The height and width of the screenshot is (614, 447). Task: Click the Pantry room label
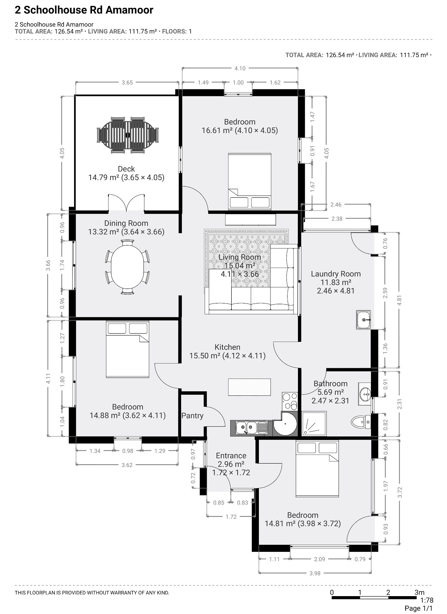(192, 416)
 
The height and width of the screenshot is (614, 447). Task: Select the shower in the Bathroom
(314, 423)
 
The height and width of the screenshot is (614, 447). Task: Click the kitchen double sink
(251, 427)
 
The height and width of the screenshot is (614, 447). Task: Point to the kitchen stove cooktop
(290, 401)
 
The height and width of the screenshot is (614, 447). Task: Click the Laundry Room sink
(363, 319)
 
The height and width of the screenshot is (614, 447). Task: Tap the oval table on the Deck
(128, 135)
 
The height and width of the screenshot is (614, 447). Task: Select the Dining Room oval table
(127, 267)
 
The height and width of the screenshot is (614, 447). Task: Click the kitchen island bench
(250, 387)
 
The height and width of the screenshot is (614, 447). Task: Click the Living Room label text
(240, 257)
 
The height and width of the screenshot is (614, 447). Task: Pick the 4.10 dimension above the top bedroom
(240, 68)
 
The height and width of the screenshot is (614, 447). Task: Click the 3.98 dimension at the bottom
(315, 573)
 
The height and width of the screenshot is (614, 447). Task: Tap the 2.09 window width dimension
(320, 559)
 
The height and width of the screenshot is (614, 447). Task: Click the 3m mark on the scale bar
(419, 592)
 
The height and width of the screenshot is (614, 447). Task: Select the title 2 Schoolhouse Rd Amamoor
(84, 10)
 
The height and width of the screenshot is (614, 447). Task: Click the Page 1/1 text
(418, 608)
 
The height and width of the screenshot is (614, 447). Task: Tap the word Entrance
(231, 455)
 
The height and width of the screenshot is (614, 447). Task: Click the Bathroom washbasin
(365, 394)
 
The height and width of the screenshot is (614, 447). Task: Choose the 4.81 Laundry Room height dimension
(399, 300)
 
